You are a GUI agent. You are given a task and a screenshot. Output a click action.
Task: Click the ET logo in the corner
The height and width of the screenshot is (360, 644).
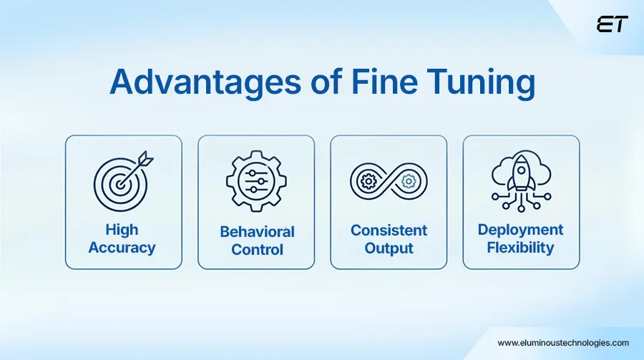[x=613, y=24]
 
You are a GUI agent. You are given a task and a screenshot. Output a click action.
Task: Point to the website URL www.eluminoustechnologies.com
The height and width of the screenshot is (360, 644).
[x=563, y=343]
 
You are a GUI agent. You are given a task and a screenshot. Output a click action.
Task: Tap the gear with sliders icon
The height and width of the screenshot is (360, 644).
[x=255, y=181]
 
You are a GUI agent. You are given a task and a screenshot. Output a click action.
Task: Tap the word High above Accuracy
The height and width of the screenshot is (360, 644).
[x=123, y=230]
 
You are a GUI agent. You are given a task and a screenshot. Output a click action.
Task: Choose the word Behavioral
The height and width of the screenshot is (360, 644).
[x=257, y=232]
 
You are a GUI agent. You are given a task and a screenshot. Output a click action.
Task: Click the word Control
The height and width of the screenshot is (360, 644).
[x=257, y=250]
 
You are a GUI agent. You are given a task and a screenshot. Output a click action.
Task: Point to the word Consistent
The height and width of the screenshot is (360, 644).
[x=389, y=230]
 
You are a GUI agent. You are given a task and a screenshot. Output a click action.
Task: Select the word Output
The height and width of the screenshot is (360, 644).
[x=389, y=248]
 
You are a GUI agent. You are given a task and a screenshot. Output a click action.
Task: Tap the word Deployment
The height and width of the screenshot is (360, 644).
[x=520, y=230]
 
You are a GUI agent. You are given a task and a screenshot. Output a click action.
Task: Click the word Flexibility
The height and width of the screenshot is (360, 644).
[x=520, y=248]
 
